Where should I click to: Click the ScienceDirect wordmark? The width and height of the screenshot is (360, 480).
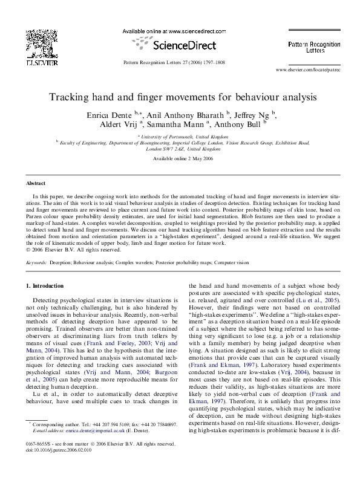point(180,45)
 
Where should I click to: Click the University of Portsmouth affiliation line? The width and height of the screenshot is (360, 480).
point(179,137)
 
